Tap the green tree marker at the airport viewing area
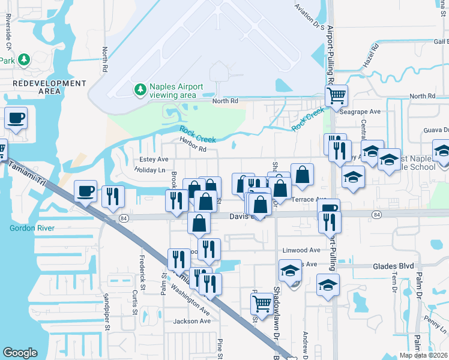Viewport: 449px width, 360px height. coord(140,90)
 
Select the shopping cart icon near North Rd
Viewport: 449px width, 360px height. coord(336,94)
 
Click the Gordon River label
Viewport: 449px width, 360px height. coord(32,228)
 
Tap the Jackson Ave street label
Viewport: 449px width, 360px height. coord(193,321)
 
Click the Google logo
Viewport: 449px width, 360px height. coord(20,353)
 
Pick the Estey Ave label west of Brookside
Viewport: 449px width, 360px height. coord(154,159)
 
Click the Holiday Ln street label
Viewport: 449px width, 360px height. coord(149,170)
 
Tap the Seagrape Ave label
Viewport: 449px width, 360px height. coord(360,112)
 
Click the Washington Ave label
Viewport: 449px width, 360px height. coord(189,296)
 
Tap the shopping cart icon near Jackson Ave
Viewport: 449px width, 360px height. coord(262,304)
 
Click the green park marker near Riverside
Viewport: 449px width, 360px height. coord(23,59)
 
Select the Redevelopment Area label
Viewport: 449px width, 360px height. coord(41,87)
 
